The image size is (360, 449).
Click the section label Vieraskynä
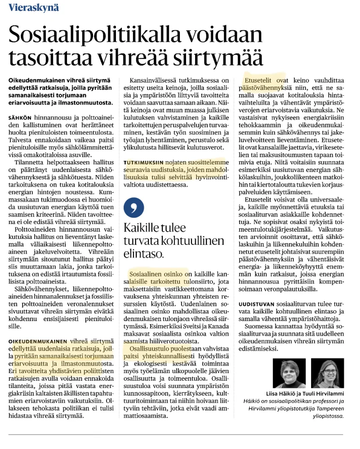click(x=33, y=8)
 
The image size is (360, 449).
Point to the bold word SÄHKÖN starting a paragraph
click(x=20, y=117)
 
